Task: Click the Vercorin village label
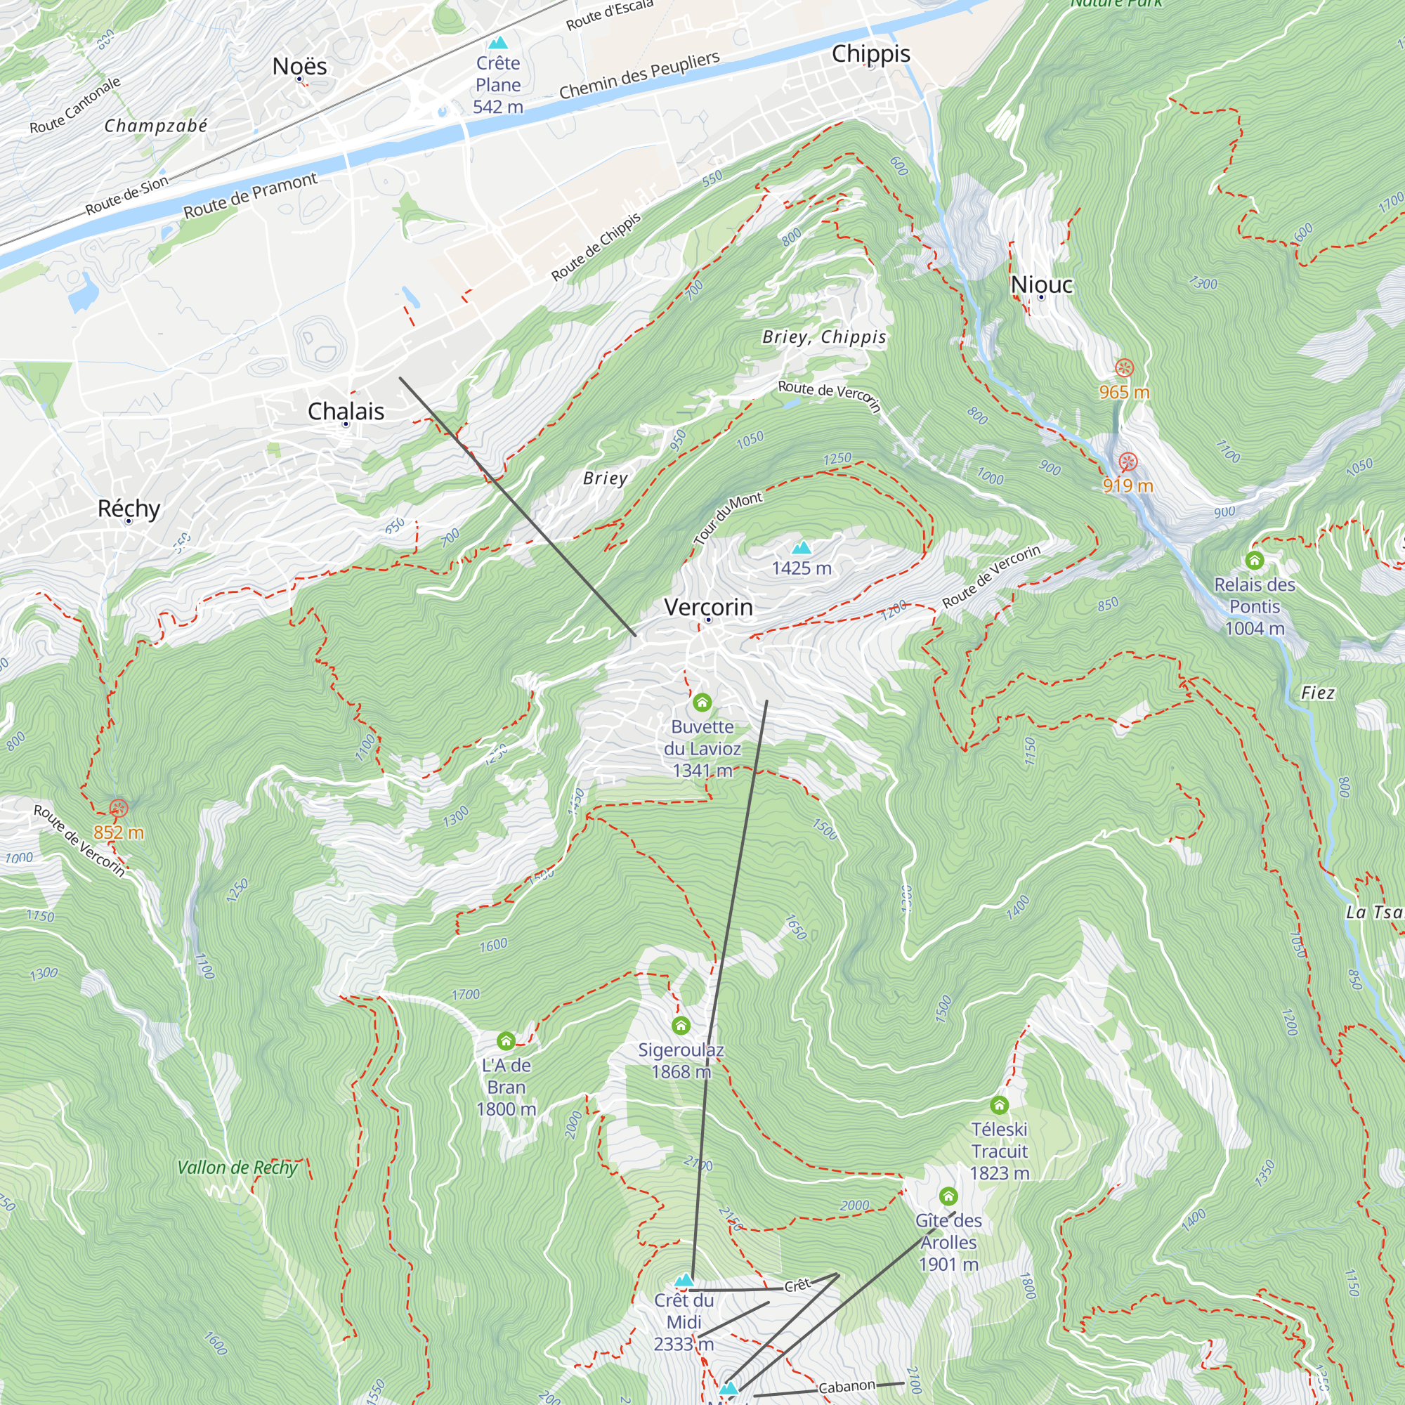[708, 606]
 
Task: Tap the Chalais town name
[346, 411]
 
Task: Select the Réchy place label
[129, 509]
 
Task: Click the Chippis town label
[870, 54]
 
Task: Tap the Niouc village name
[1040, 285]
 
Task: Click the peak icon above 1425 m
[802, 547]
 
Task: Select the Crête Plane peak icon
[498, 43]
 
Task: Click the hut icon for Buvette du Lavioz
[702, 702]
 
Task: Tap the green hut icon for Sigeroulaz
[681, 1026]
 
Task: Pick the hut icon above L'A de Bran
[506, 1040]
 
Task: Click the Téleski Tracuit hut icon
[999, 1105]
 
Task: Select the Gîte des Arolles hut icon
[948, 1196]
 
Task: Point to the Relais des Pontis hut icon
[1255, 560]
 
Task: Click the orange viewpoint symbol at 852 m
[119, 808]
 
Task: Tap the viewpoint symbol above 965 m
[1124, 368]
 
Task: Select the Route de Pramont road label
[250, 195]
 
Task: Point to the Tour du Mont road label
[728, 518]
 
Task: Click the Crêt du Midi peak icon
[684, 1279]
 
